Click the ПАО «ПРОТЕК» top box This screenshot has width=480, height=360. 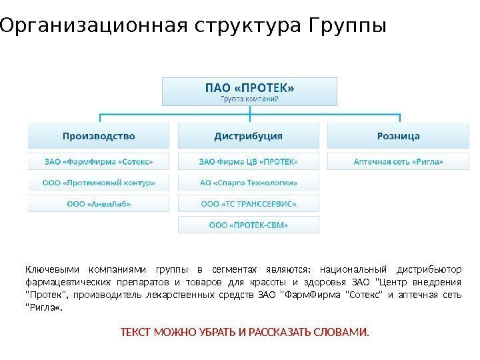(249, 91)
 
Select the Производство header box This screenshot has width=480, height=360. (99, 136)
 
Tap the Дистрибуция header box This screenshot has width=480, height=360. (249, 136)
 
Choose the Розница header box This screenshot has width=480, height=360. (398, 136)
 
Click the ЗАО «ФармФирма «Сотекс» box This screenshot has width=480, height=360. (99, 161)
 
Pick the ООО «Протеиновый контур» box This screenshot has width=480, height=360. (99, 182)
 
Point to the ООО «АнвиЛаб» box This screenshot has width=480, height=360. (99, 203)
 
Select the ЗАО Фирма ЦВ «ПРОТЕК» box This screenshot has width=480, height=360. (249, 161)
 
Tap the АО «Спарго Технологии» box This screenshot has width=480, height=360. (249, 182)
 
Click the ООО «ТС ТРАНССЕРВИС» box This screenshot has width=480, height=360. (249, 203)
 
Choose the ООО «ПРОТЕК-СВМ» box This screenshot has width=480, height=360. (249, 225)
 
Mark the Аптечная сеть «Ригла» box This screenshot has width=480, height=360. (398, 161)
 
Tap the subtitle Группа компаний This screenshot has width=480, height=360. (249, 99)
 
